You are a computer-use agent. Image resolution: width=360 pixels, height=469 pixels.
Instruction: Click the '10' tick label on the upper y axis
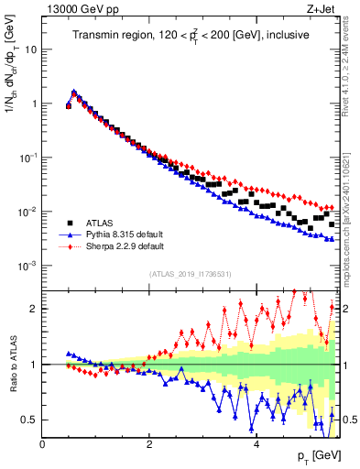[30, 49]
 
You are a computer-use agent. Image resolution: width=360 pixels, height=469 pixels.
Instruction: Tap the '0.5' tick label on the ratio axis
[27, 420]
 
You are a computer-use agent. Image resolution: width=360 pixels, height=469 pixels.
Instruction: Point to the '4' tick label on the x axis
[256, 444]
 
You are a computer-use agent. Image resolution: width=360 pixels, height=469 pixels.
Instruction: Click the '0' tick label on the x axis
[43, 444]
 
